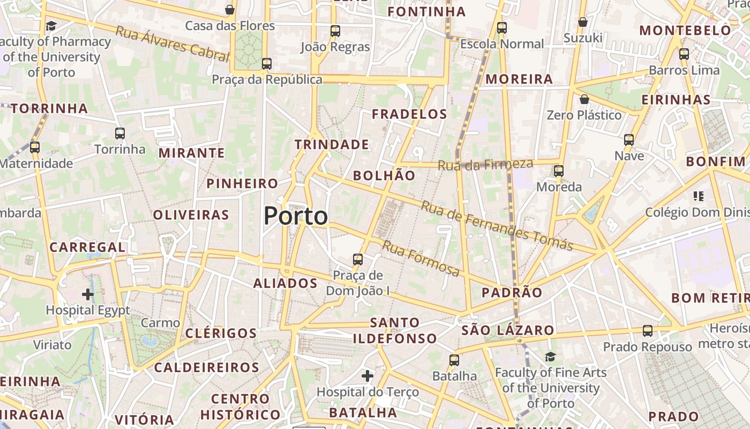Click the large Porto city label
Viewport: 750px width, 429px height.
(296, 216)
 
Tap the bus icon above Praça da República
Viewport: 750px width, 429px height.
(267, 64)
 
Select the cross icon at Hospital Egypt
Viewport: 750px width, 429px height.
(88, 294)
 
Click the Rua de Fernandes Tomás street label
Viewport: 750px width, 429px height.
(497, 225)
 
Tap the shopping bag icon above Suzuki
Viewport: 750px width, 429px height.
(583, 22)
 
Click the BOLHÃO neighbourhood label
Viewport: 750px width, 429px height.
(384, 175)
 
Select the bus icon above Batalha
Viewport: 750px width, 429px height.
(454, 360)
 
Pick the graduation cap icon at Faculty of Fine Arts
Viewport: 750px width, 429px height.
(550, 357)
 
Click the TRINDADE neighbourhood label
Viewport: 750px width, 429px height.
(332, 144)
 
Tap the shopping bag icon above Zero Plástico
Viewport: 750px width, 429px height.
(584, 99)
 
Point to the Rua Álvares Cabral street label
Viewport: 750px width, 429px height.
(172, 42)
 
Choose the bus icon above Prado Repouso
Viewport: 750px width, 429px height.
(648, 331)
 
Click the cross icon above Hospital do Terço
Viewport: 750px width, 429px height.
(367, 376)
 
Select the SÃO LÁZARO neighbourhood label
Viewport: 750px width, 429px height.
(507, 330)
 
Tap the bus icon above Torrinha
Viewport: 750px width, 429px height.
(120, 134)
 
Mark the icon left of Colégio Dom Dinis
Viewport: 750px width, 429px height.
(698, 196)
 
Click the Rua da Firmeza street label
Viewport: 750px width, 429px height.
(485, 165)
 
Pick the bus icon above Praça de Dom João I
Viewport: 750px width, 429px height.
(358, 260)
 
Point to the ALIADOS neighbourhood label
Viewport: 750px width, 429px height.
(285, 283)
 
